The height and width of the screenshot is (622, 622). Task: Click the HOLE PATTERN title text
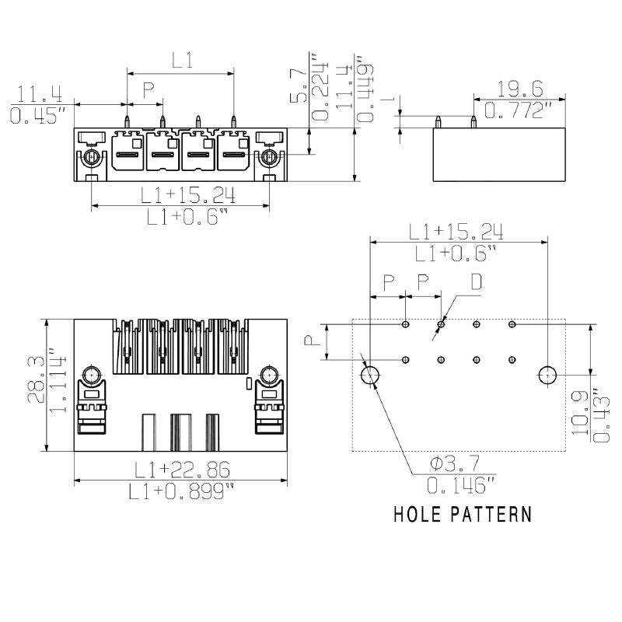coord(463,514)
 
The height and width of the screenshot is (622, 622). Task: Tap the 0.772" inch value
coord(519,110)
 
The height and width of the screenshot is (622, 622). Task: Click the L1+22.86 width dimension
coord(181,470)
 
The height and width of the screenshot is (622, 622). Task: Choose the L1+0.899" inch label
coord(181,491)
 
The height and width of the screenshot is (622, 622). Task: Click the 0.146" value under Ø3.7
coord(461,486)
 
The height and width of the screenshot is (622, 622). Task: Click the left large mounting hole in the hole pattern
coord(370,376)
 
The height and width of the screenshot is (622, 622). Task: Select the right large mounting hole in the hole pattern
coord(548,376)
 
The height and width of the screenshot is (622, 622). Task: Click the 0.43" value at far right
coord(600,416)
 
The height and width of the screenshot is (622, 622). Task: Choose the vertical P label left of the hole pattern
coord(309,341)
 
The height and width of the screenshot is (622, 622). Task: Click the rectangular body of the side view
coord(498,155)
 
